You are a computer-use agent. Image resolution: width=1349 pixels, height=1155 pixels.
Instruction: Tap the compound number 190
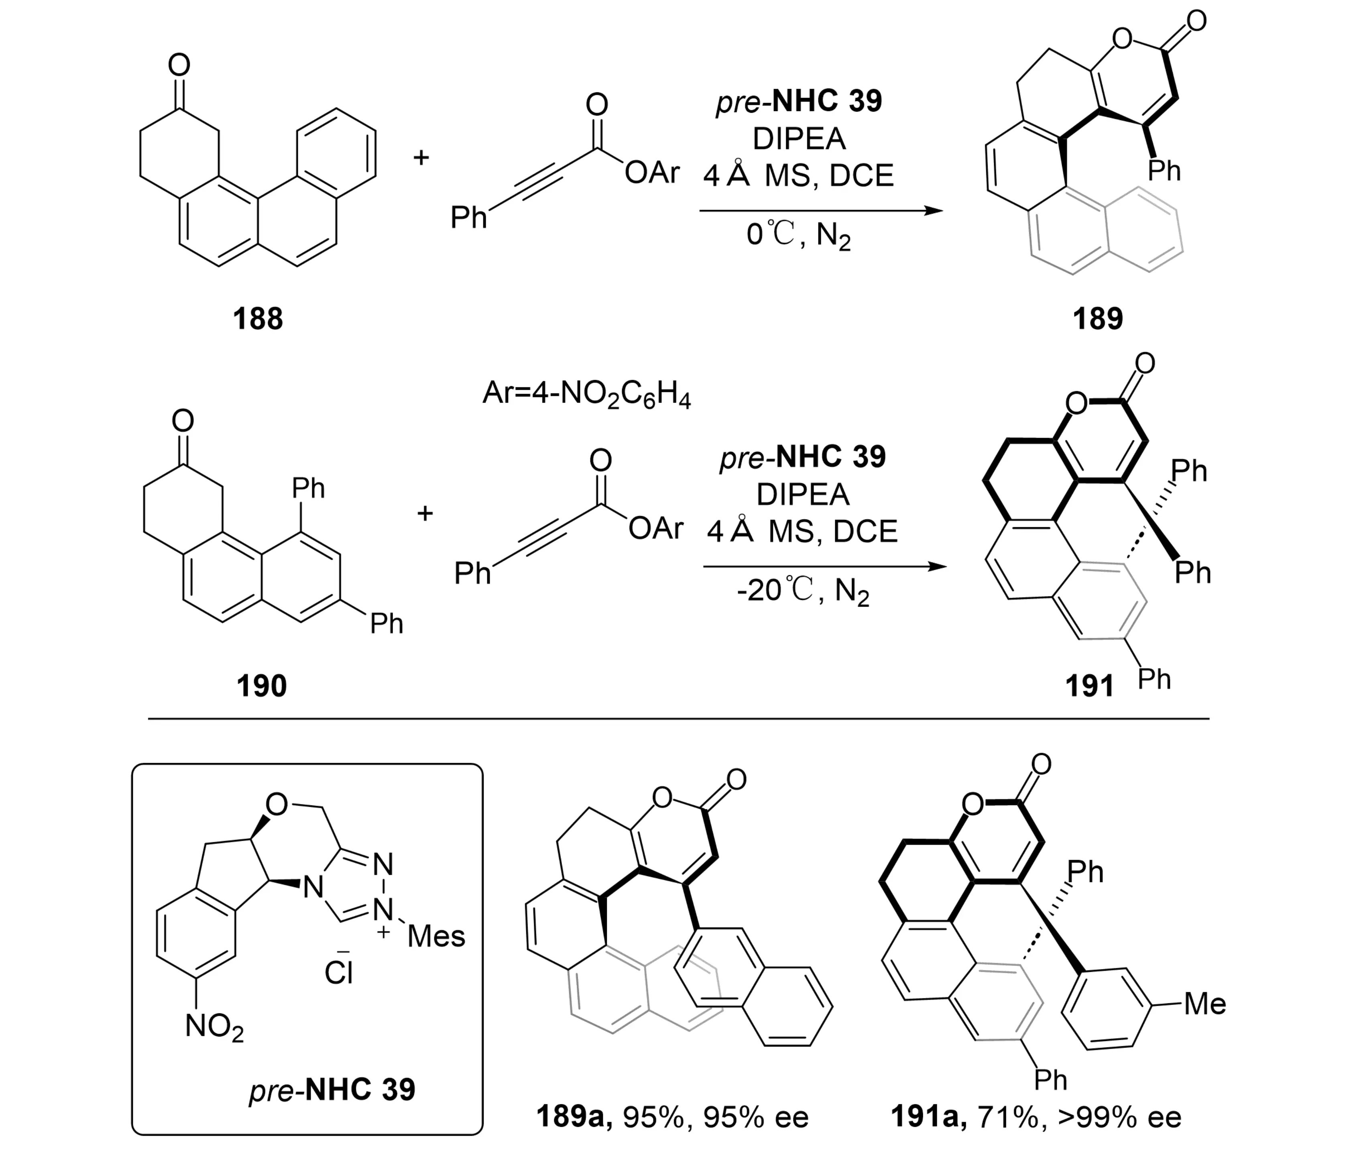[261, 686]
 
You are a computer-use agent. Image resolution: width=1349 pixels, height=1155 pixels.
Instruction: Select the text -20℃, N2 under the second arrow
[802, 592]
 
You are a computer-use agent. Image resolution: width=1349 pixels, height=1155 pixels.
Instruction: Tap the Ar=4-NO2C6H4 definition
[586, 395]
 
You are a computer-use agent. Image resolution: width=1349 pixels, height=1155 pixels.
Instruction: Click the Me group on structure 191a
[1205, 1004]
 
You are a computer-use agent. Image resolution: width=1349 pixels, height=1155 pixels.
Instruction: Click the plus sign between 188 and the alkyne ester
[421, 157]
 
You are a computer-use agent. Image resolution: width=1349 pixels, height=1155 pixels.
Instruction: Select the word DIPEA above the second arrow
[803, 495]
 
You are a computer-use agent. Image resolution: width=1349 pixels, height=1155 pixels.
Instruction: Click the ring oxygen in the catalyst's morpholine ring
[277, 805]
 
